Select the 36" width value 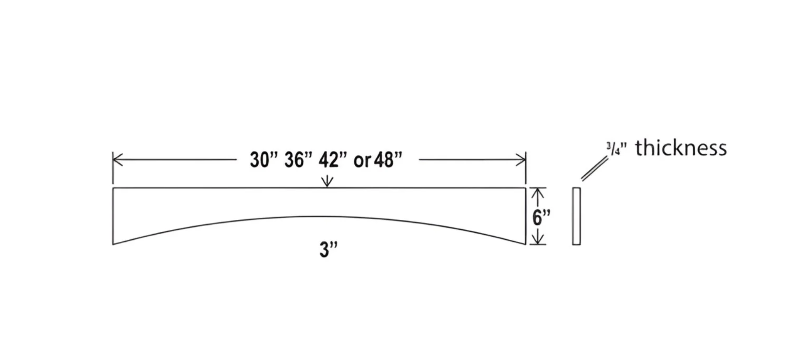(x=298, y=160)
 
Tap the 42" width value (x=333, y=160)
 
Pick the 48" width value (x=388, y=160)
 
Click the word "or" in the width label (x=362, y=161)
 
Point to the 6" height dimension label (x=541, y=217)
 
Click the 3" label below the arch (x=328, y=250)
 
